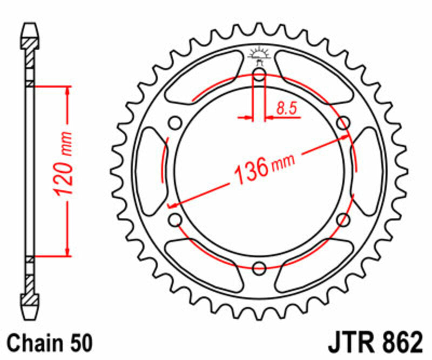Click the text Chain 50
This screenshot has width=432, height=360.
pos(50,343)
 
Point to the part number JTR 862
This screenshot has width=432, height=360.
pos(374,343)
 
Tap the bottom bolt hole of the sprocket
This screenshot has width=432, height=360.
pos(259,267)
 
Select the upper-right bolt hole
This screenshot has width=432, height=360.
pos(342,123)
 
